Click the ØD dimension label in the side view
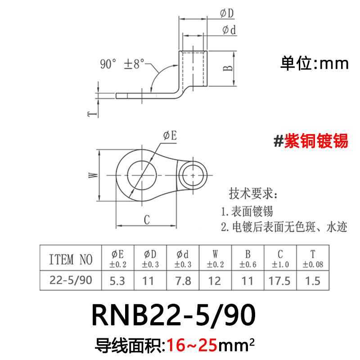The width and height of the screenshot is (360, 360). click(x=227, y=14)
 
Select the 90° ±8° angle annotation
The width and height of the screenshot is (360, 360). click(x=123, y=64)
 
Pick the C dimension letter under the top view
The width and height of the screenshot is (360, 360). click(x=146, y=220)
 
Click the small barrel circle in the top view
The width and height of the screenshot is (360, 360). click(x=193, y=173)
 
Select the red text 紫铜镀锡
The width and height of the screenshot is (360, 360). click(x=315, y=141)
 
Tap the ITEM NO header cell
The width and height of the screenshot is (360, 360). click(x=71, y=259)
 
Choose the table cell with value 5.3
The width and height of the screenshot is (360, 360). click(x=117, y=281)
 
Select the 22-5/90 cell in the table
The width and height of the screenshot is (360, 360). click(x=71, y=281)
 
